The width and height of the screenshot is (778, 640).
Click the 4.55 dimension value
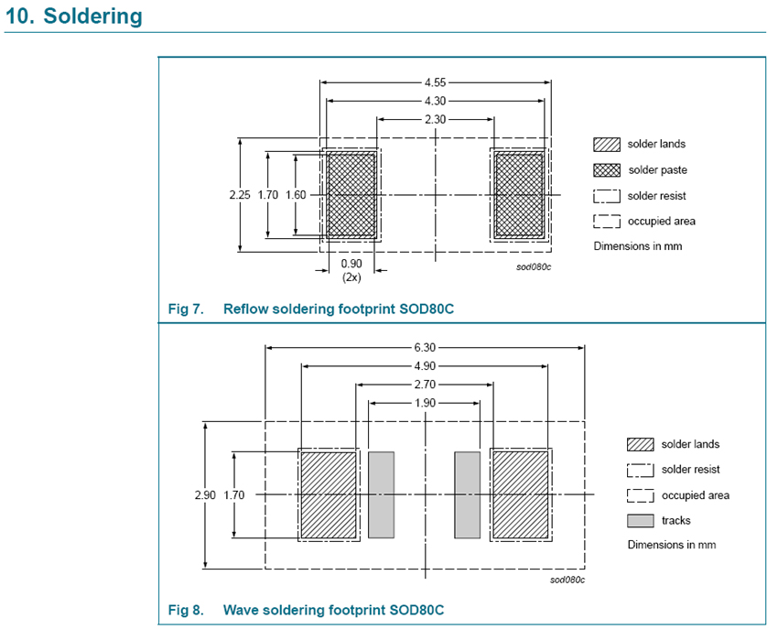[436, 81]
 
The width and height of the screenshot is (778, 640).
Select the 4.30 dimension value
[436, 100]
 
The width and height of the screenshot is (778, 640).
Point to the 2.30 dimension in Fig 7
[436, 119]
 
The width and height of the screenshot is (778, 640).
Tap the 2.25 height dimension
[239, 195]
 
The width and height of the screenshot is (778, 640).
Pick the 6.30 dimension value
[425, 347]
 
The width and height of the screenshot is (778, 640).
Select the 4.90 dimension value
[425, 365]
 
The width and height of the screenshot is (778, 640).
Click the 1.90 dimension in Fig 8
[425, 403]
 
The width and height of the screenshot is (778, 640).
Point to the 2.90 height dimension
[204, 494]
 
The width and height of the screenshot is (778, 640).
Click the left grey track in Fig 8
[380, 494]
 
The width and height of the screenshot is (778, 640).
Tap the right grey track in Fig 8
[468, 494]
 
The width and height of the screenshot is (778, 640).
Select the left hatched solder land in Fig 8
[329, 494]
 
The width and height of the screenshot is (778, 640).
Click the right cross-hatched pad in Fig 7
[519, 195]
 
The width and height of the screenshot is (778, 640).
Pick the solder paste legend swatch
[607, 170]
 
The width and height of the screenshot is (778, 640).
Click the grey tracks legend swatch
[641, 521]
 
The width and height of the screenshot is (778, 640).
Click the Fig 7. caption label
[186, 309]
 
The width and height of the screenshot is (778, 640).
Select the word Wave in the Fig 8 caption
[242, 610]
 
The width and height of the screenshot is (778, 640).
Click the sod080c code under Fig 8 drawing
[567, 580]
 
